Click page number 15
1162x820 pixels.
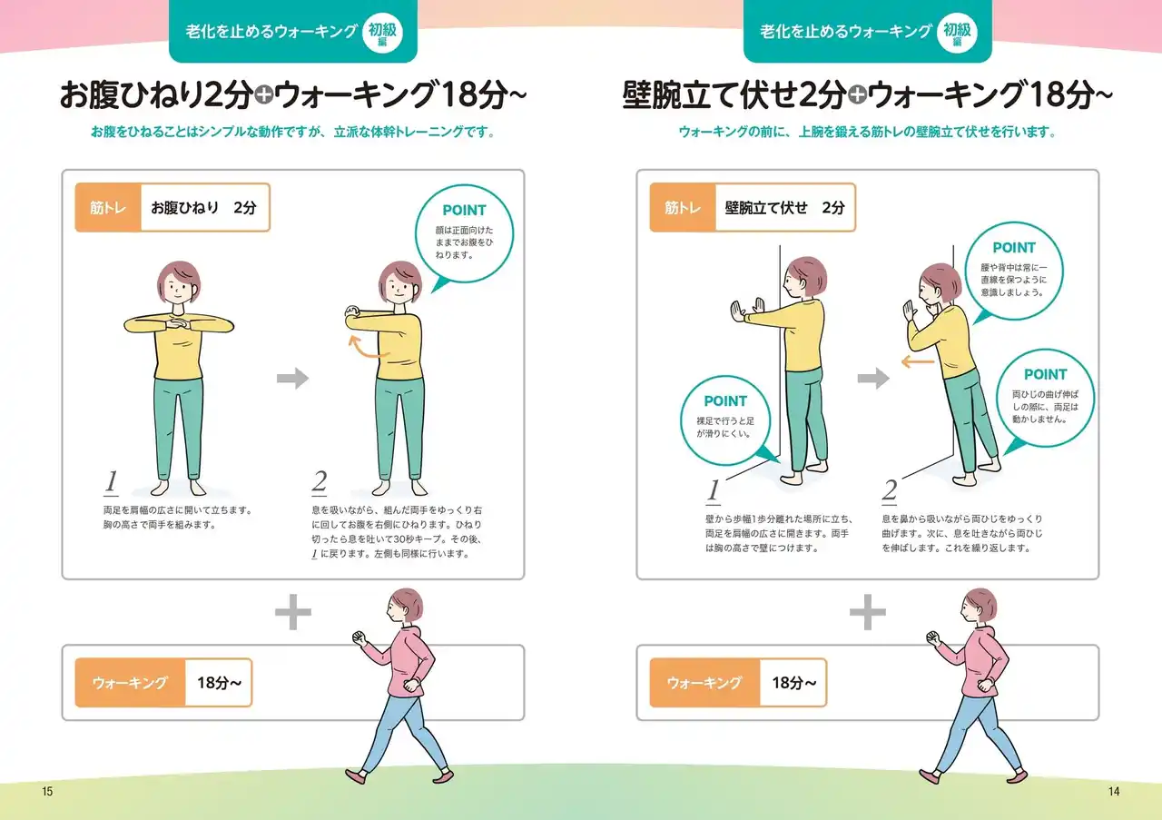tap(47, 792)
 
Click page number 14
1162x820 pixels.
tap(1114, 792)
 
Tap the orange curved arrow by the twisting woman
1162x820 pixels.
tap(366, 348)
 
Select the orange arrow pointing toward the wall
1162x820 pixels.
tap(918, 361)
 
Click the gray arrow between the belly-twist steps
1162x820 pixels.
tap(292, 378)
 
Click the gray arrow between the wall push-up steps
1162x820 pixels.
tap(873, 378)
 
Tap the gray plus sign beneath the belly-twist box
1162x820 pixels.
tap(293, 612)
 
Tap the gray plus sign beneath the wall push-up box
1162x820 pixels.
tap(868, 612)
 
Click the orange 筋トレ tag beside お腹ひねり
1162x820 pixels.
tap(108, 208)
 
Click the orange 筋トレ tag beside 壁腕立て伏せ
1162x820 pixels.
tap(683, 208)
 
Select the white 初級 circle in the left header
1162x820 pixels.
tap(383, 33)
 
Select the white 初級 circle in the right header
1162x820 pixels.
tap(958, 33)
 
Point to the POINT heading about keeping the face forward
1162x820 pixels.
tap(464, 210)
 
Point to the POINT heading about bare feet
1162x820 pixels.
tap(725, 401)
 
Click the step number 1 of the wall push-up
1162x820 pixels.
tap(714, 490)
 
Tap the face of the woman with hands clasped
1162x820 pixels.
tap(177, 289)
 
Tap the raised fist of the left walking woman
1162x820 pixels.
tap(359, 637)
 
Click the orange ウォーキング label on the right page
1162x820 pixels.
tap(705, 683)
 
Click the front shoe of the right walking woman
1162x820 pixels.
tap(929, 776)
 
